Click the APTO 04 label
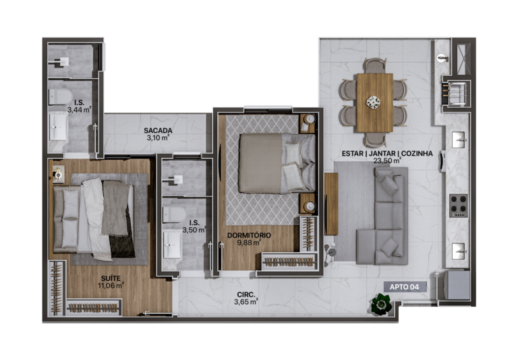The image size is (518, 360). click(405, 287)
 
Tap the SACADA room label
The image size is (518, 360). click(159, 130)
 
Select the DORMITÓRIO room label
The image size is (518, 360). click(249, 235)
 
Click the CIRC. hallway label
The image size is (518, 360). click(246, 293)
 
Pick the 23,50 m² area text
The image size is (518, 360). click(387, 161)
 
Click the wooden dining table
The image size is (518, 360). click(374, 102)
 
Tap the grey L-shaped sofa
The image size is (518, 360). click(383, 214)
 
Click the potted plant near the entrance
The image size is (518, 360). click(381, 305)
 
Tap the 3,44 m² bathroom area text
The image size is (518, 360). click(79, 109)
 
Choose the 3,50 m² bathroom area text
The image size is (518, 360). click(194, 230)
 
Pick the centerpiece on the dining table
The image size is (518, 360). click(374, 102)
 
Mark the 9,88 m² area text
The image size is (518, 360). click(249, 243)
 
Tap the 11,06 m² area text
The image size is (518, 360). click(111, 285)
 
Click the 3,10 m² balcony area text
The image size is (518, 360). click(159, 138)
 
